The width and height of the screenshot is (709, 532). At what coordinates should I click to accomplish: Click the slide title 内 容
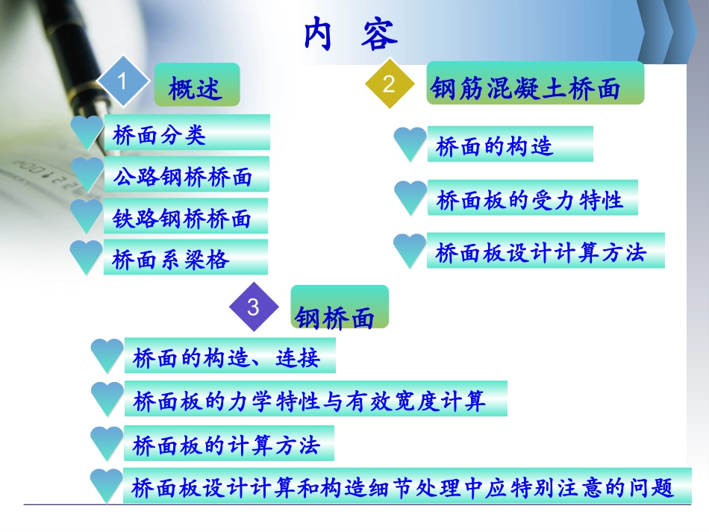pyautogui.click(x=351, y=34)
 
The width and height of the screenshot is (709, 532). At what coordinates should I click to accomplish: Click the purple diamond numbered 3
pyautogui.click(x=253, y=307)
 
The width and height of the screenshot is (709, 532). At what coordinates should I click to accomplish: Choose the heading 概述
pyautogui.click(x=196, y=89)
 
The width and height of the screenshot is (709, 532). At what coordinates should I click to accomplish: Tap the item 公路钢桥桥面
pyautogui.click(x=182, y=177)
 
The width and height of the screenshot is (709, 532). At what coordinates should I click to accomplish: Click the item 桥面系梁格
pyautogui.click(x=171, y=260)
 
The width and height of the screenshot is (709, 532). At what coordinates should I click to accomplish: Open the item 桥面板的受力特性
pyautogui.click(x=529, y=200)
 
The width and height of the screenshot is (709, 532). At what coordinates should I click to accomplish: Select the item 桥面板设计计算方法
pyautogui.click(x=540, y=253)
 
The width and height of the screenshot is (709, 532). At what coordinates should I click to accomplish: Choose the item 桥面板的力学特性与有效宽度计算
pyautogui.click(x=309, y=401)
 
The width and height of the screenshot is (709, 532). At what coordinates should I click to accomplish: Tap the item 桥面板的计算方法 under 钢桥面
pyautogui.click(x=226, y=445)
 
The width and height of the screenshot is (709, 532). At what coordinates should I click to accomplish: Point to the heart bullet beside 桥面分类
pyautogui.click(x=86, y=132)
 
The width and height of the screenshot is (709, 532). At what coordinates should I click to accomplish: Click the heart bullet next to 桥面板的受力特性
pyautogui.click(x=410, y=198)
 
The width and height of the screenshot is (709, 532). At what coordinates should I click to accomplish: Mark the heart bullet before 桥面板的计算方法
pyautogui.click(x=107, y=443)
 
